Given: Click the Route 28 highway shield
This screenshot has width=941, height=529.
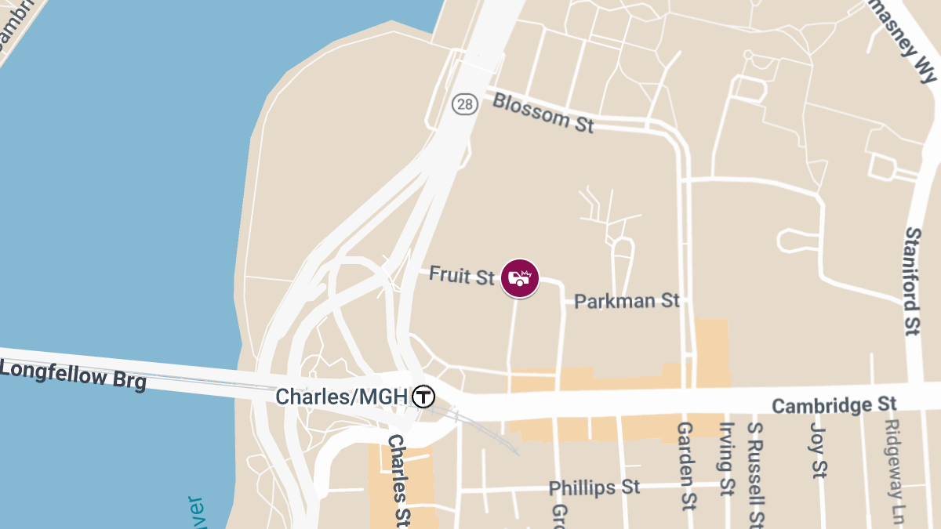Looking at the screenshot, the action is click(464, 104).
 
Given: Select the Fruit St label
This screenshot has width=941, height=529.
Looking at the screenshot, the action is click(461, 275).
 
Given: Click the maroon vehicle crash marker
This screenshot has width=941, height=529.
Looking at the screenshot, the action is click(520, 278).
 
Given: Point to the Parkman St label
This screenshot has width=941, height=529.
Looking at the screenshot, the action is click(627, 300).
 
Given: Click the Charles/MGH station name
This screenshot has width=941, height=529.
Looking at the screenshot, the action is click(341, 397).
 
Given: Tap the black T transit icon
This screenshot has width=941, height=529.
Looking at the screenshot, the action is click(423, 397).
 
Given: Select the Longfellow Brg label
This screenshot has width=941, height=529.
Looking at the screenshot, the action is click(73, 374).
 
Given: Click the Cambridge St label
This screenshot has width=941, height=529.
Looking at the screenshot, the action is click(834, 405).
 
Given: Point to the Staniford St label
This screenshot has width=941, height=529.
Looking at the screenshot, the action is click(912, 281).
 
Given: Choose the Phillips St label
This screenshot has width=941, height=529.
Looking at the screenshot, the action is click(594, 487).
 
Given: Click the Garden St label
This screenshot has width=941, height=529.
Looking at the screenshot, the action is click(686, 465).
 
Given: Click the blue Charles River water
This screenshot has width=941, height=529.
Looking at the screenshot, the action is click(118, 196).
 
